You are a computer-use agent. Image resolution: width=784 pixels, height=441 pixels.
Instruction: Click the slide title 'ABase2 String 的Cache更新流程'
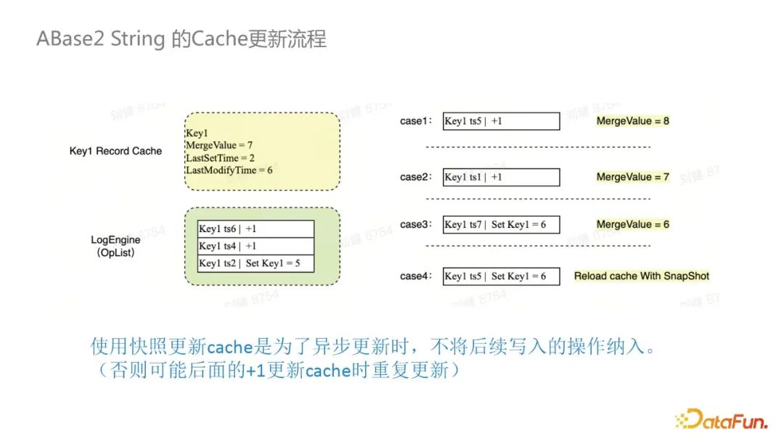[181, 39]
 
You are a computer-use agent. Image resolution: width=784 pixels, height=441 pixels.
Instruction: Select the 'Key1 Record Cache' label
[115, 151]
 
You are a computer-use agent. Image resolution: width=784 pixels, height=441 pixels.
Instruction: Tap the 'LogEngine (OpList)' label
[115, 246]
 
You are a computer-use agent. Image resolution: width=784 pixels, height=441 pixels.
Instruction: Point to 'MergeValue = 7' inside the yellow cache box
[219, 145]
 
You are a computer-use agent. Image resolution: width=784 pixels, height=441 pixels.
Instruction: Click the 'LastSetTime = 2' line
[220, 158]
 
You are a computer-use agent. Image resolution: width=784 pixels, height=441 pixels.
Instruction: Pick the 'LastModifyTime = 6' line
[229, 170]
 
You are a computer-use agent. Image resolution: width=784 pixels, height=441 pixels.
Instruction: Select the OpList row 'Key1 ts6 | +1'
[256, 228]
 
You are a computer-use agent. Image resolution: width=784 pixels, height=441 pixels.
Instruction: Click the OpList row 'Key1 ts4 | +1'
[256, 246]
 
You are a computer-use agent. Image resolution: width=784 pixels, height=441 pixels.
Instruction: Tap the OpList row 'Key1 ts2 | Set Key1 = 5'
[256, 263]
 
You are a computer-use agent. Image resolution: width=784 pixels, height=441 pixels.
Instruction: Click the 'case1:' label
[416, 121]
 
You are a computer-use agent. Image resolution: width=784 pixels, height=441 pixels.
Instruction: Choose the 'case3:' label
[416, 224]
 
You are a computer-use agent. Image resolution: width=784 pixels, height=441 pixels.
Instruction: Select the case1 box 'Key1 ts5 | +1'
[501, 121]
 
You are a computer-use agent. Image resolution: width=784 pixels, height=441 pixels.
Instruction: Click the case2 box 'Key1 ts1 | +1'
[501, 177]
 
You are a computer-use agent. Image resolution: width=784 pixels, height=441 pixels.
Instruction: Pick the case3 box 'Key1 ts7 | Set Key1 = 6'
[501, 224]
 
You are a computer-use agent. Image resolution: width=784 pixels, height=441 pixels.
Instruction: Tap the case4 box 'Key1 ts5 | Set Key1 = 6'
[501, 276]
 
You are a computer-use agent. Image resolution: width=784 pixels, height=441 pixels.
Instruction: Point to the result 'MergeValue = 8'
[632, 121]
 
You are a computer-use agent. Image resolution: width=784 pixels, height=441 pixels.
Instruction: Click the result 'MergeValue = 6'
[632, 224]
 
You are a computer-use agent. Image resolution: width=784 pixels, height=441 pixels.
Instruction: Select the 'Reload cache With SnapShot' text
[642, 276]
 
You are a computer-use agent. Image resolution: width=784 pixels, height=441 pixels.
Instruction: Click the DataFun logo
[721, 419]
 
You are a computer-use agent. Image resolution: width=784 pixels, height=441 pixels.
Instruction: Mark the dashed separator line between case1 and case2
[538, 147]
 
